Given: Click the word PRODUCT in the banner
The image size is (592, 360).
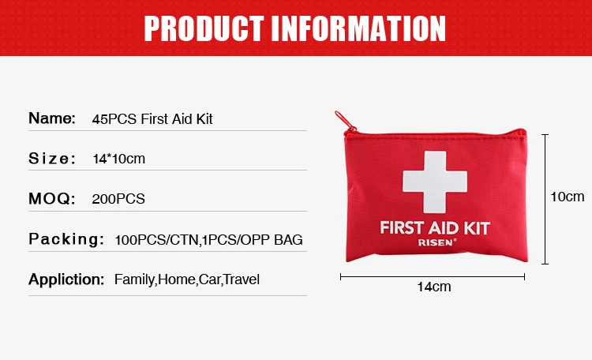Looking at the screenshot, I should pos(203,28).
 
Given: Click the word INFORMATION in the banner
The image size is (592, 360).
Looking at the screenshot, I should pos(359,28).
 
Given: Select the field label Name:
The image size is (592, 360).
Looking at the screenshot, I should pos(52,119).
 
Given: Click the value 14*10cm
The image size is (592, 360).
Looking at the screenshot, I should pos(119,159).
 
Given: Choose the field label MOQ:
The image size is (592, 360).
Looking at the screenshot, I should pos(52,198).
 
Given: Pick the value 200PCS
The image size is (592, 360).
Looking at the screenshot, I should pos(118,199).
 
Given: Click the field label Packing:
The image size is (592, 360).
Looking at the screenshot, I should pos(66,238).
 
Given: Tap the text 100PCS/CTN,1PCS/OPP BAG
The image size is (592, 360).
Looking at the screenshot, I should pos(208,239).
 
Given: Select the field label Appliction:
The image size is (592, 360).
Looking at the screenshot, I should pos(66,279).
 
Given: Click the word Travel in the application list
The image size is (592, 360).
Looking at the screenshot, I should pos(242,279).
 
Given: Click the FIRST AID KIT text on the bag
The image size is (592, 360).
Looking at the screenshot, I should pos(435,228).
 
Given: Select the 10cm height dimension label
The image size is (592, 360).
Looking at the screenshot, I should pos(567,197).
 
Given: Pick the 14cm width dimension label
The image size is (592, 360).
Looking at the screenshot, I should pos(433,287).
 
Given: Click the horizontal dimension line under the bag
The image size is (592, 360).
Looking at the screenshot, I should pos(433,276).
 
